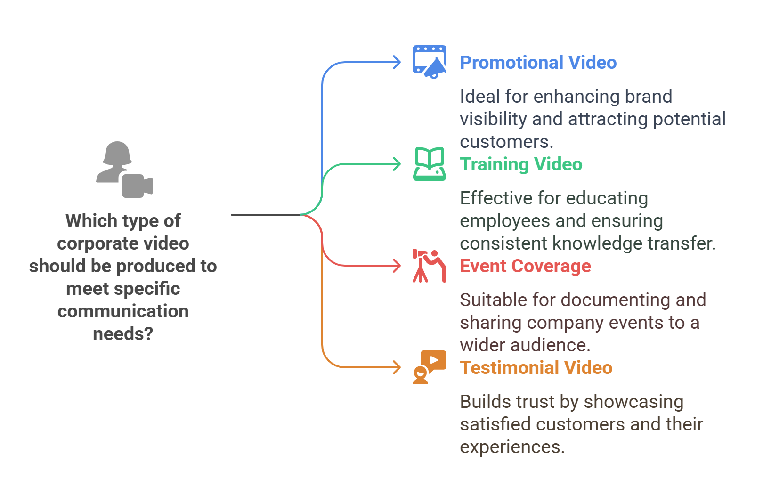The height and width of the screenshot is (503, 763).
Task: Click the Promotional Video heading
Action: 540,64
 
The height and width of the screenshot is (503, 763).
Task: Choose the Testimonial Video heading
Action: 540,369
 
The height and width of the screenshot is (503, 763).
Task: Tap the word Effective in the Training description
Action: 493,200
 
